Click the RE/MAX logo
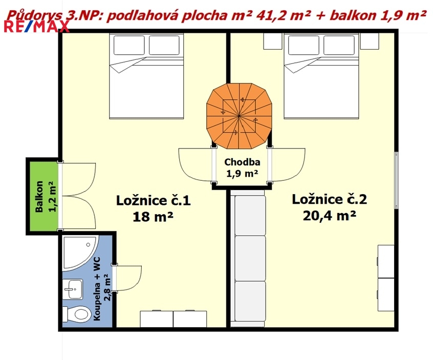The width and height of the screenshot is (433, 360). coord(36,27)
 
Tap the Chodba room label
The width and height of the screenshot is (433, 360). coord(242,162)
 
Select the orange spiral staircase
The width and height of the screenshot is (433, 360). coord(239,116)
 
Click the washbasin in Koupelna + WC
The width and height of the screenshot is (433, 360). coord(72,289)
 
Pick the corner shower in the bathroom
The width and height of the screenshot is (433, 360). coord(80,252)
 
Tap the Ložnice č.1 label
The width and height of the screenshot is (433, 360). coord(153,201)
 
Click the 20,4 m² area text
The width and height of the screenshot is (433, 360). coord(330,216)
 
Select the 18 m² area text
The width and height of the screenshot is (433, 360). coord(153,217)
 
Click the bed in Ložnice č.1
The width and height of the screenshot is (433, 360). coord(146,76)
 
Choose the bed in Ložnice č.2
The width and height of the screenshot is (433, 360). coord(321,76)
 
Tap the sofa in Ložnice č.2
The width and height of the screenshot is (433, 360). coord(248,259)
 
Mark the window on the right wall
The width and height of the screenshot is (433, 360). coord(396,180)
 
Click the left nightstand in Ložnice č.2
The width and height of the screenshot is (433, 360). coord(273,41)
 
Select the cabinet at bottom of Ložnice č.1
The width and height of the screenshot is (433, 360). coord(174,319)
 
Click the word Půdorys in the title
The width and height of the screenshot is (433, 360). coord(34,16)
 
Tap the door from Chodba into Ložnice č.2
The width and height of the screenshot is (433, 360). coord(287,165)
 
